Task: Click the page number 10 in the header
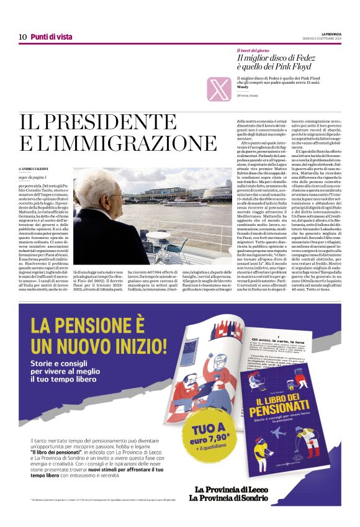click(x=22, y=37)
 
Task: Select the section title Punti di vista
click(x=52, y=37)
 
